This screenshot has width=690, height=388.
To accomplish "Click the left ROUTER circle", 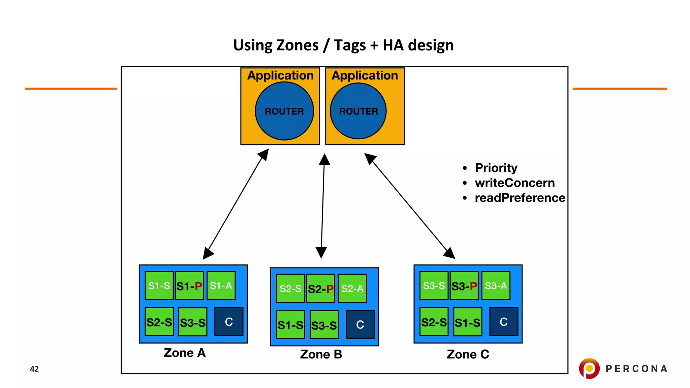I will [x=284, y=111].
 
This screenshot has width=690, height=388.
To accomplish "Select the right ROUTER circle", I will [x=358, y=111].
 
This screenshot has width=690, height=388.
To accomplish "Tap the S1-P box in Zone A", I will [x=189, y=286].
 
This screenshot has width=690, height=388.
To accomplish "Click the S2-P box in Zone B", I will [x=320, y=289].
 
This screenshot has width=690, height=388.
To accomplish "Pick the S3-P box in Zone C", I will [x=464, y=286].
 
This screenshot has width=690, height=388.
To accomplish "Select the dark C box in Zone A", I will [x=229, y=322].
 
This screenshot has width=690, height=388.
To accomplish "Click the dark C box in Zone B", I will [x=360, y=324].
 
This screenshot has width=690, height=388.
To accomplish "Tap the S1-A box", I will [x=221, y=286].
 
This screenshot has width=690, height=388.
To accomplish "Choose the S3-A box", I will [x=496, y=286].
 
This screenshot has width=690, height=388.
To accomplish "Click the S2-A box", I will [x=352, y=289].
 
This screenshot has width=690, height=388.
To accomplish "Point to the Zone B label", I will [x=321, y=354].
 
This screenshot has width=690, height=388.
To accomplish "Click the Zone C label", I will [x=468, y=354].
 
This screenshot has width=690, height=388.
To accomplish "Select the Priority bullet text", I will [x=496, y=168].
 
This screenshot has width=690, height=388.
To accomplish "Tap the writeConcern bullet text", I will [x=514, y=183].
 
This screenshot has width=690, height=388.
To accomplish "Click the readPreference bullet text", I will [x=520, y=198].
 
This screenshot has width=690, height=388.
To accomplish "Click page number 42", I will [x=34, y=369].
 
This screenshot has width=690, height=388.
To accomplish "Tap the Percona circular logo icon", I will [x=589, y=368].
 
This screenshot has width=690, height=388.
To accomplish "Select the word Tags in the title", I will [x=350, y=45].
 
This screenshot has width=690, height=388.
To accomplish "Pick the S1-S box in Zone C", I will [x=467, y=322].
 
